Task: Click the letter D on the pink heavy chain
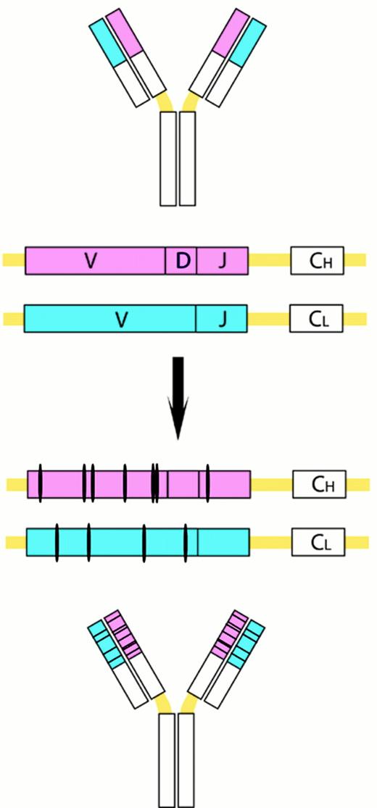pyautogui.click(x=183, y=261)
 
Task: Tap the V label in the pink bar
pyautogui.click(x=91, y=261)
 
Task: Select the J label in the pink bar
pyautogui.click(x=223, y=261)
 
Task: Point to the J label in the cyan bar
pyautogui.click(x=223, y=318)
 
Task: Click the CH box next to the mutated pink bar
pyautogui.click(x=319, y=484)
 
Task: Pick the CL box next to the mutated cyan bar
pyautogui.click(x=319, y=541)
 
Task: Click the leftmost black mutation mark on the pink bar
pyautogui.click(x=41, y=484)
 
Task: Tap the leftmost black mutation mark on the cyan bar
pyautogui.click(x=57, y=541)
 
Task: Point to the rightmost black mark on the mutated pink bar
pyautogui.click(x=207, y=484)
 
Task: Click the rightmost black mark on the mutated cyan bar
pyautogui.click(x=186, y=541)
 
